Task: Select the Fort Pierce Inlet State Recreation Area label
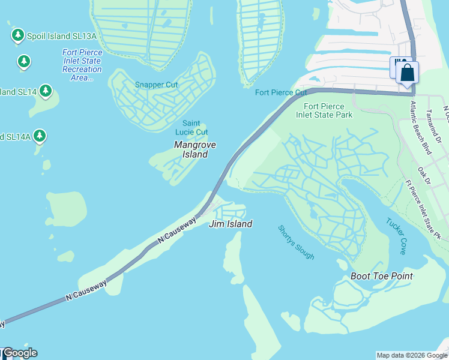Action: [x=82, y=65]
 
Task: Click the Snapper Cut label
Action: [x=157, y=85]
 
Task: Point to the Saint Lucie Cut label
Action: [x=191, y=128]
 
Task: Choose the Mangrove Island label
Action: [x=194, y=149]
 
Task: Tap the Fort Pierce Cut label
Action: [x=281, y=92]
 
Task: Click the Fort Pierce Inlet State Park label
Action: [x=324, y=110]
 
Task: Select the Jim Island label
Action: [x=231, y=224]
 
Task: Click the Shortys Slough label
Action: [x=296, y=242]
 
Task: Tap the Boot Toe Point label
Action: [x=382, y=276]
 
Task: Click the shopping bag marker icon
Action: [x=408, y=73]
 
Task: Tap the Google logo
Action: [x=20, y=353]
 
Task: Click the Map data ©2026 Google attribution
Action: [x=411, y=355]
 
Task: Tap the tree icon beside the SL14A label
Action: [x=40, y=136]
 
